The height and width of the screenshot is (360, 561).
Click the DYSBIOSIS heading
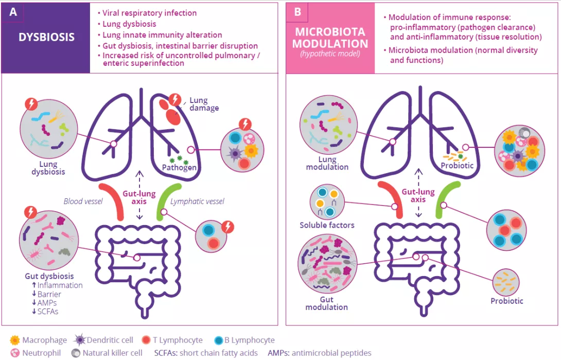[x=47, y=37]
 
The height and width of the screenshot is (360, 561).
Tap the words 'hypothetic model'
[x=330, y=54]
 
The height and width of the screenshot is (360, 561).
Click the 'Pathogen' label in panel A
[x=179, y=167]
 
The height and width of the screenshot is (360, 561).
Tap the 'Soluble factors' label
[x=327, y=225]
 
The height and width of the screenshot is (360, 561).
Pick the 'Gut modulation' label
[x=326, y=303]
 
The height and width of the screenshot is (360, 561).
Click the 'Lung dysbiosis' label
[x=47, y=168]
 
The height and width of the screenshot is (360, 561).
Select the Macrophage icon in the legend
[x=14, y=340]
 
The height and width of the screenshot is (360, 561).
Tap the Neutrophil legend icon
[x=14, y=353]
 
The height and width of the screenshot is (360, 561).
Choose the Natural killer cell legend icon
[x=75, y=353]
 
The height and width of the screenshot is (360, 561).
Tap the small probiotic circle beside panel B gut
[x=506, y=281]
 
